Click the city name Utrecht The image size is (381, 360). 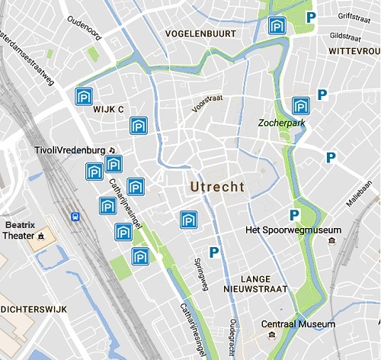(x=217, y=187)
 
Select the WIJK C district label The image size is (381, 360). (x=108, y=110)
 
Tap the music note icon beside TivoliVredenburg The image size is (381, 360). (x=111, y=150)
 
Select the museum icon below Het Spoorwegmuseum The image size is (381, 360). (x=331, y=241)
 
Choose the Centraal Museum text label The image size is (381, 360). (x=298, y=325)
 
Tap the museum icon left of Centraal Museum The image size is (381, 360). (x=254, y=325)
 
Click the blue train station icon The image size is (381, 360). (x=75, y=217)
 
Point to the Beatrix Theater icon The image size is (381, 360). (x=41, y=236)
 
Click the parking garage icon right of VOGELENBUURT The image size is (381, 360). (x=277, y=27)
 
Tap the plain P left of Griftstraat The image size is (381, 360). (x=310, y=17)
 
